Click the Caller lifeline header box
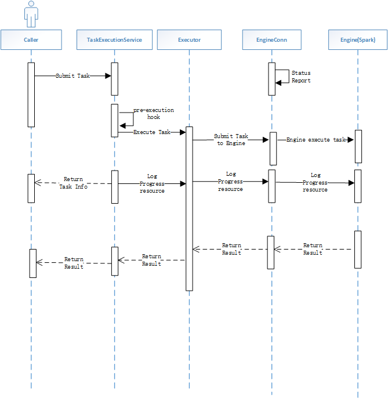coord(31,39)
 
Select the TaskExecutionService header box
coord(114,39)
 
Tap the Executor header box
coord(189,39)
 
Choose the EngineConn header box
coord(271,39)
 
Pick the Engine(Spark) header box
coord(358,39)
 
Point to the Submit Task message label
coord(72,76)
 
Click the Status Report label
coord(300,77)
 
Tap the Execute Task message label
coord(151,132)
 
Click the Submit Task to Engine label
coord(231,139)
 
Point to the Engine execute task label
coord(315,140)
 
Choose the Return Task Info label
coord(73,183)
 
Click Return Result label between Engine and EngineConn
coord(313,249)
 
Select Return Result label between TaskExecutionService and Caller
coord(74,263)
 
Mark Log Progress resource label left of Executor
coord(152,183)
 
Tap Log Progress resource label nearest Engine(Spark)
coord(315,182)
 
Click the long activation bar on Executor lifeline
coord(189,209)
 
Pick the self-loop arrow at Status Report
coord(283,77)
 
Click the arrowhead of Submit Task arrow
coord(108,76)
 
